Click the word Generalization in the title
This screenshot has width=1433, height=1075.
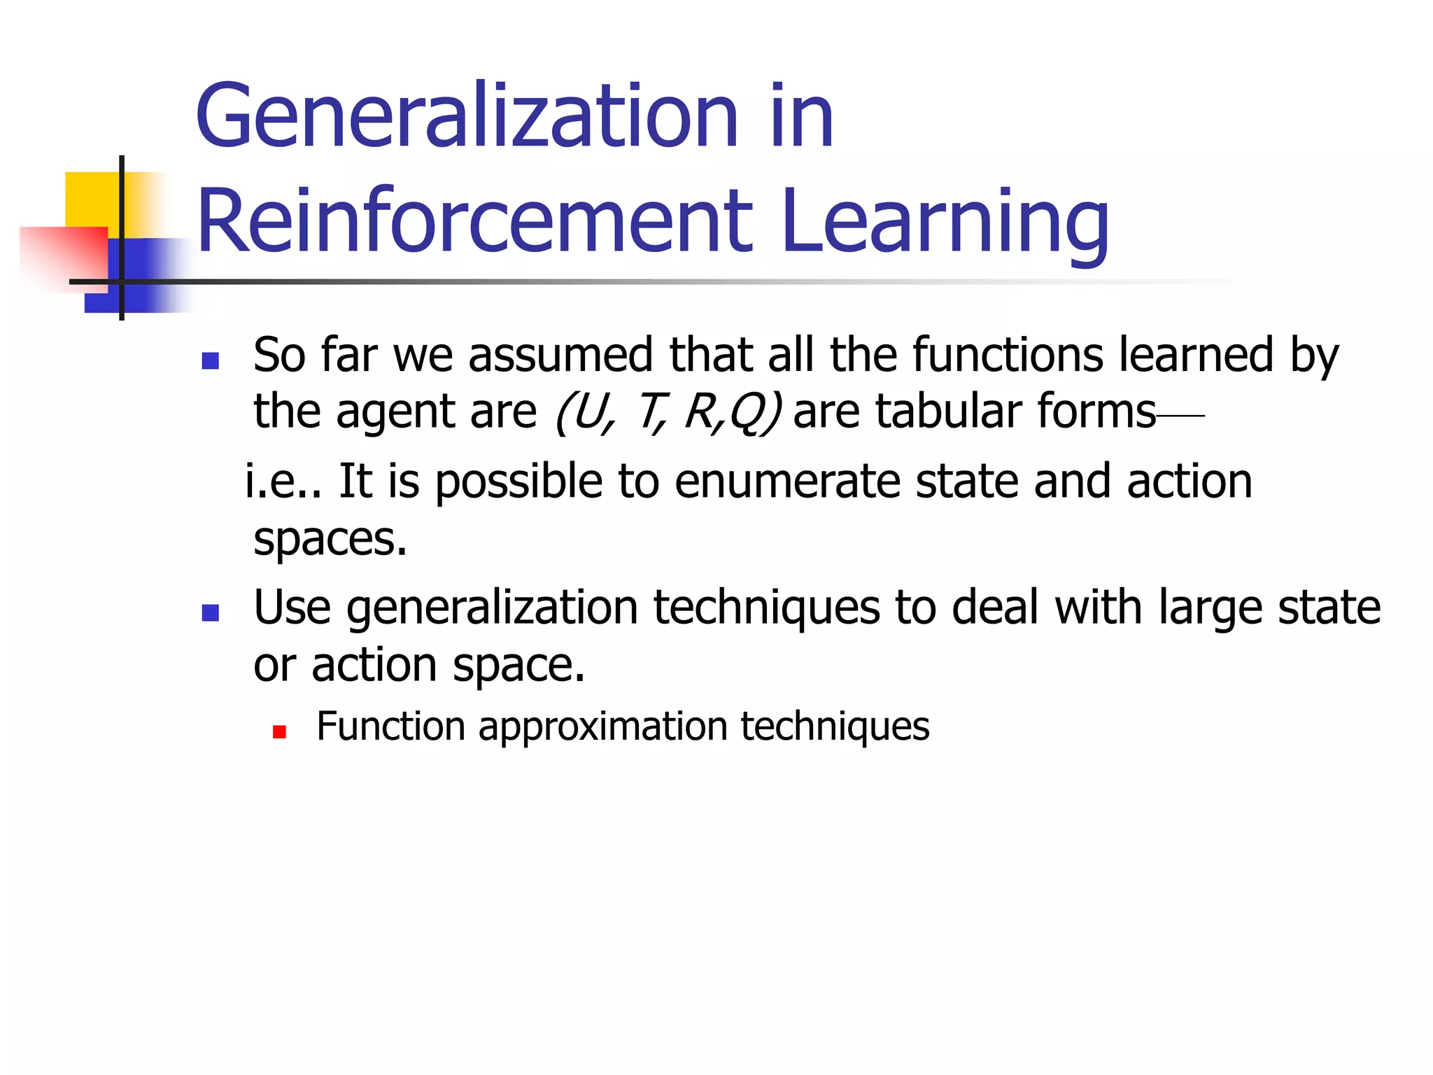pyautogui.click(x=467, y=117)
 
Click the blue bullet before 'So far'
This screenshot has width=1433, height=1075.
pyautogui.click(x=210, y=360)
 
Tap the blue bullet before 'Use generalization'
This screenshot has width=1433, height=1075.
pyautogui.click(x=210, y=613)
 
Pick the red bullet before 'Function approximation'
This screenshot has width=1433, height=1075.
pyautogui.click(x=280, y=732)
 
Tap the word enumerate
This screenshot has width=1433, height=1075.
pyautogui.click(x=787, y=483)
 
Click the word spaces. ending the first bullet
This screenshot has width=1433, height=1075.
pyautogui.click(x=330, y=540)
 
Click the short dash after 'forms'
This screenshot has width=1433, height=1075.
pyautogui.click(x=1181, y=416)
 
